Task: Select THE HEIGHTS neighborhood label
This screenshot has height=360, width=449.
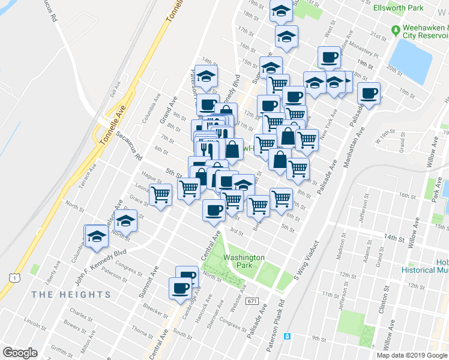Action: pos(71,295)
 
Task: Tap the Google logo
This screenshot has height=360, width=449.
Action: pos(20,353)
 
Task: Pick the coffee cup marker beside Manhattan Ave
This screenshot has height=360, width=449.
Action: pos(369,94)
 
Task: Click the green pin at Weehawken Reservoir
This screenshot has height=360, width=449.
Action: pos(396,30)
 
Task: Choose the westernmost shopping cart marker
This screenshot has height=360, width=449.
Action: pos(160,194)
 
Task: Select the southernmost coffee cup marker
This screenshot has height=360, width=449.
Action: pos(180,288)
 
